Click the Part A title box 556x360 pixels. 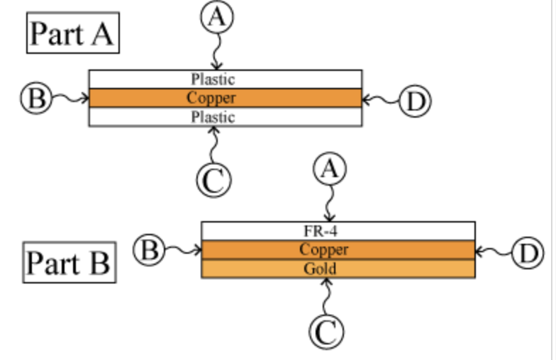(72, 33)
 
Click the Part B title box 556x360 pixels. (69, 262)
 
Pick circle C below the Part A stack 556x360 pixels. (213, 181)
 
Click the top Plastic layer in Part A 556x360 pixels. (213, 79)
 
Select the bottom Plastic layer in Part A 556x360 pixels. (213, 117)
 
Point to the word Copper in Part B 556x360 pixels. (323, 249)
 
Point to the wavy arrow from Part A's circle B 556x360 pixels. (69, 98)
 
